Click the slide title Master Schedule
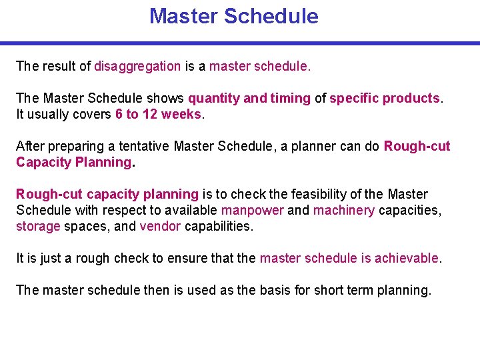tap(234, 16)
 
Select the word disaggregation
tap(137, 66)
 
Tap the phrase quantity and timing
tap(249, 98)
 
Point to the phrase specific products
tap(385, 98)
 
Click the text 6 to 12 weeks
tap(158, 114)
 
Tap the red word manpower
tap(252, 210)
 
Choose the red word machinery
tap(344, 210)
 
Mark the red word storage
tap(38, 226)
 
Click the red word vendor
tap(160, 226)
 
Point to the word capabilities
tap(219, 226)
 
